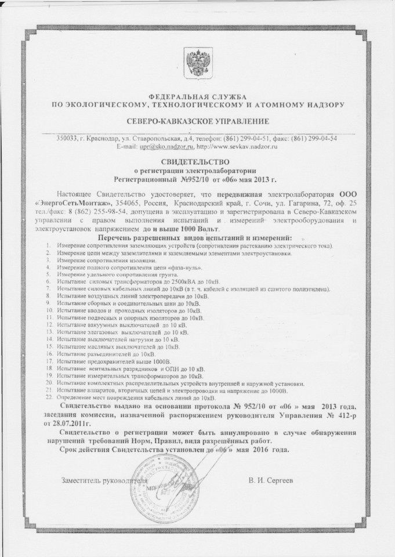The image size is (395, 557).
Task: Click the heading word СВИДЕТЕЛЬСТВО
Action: [x=197, y=163]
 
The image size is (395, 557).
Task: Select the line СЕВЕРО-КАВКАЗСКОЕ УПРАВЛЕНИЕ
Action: [x=197, y=121]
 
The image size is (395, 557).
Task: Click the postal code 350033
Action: [x=66, y=138]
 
